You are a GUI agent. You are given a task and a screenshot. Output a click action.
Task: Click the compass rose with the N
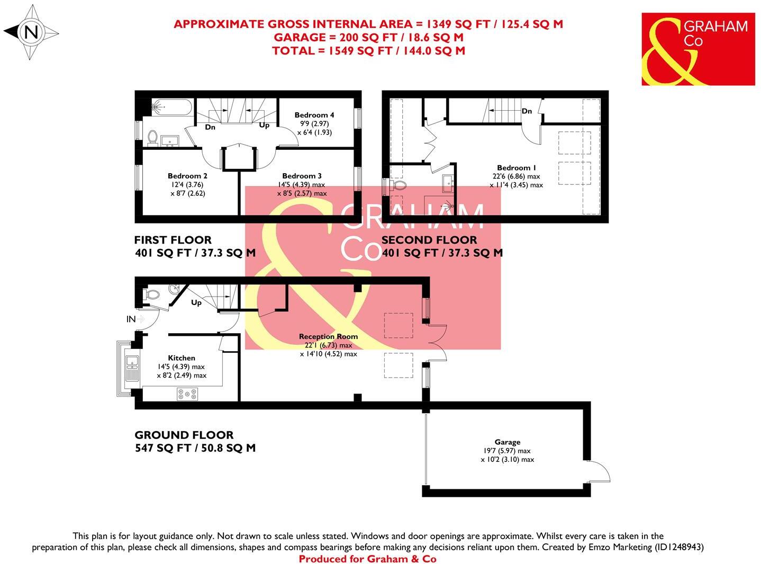coord(31,32)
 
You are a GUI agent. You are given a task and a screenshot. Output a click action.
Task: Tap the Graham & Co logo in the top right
coord(697,49)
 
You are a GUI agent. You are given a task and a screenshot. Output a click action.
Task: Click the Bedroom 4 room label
coord(314,115)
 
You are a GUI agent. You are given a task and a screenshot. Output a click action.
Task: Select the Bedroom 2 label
coord(187,176)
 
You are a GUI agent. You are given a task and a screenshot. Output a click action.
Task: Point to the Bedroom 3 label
coord(302,176)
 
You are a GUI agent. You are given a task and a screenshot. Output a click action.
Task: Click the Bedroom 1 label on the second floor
coord(516,168)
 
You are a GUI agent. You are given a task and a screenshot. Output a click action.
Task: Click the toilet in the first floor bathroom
coord(152,137)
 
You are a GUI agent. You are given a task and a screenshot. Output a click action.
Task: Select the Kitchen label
coord(182,358)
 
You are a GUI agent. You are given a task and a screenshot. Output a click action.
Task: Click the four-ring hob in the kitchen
coord(187,394)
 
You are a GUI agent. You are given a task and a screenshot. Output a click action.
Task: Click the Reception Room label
coord(328,336)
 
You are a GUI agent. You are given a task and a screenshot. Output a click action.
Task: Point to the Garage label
coord(508,442)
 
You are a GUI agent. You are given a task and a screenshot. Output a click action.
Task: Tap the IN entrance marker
coord(131,319)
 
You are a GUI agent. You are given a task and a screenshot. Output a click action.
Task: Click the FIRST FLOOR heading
coord(173,240)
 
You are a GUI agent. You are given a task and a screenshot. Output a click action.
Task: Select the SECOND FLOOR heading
coord(429,240)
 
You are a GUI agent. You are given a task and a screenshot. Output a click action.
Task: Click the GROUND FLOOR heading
coord(184,435)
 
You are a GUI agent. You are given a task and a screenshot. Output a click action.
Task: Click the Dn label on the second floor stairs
coord(527,111)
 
